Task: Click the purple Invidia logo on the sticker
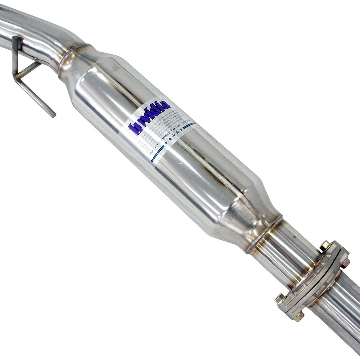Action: coord(149,117)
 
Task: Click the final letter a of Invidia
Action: coord(166,105)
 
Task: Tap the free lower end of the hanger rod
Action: coord(53,116)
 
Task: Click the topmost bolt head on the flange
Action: coord(325,246)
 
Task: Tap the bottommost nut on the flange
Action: coord(298,317)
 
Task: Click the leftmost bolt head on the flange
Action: coord(279,298)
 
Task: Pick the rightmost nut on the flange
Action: coord(346,263)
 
